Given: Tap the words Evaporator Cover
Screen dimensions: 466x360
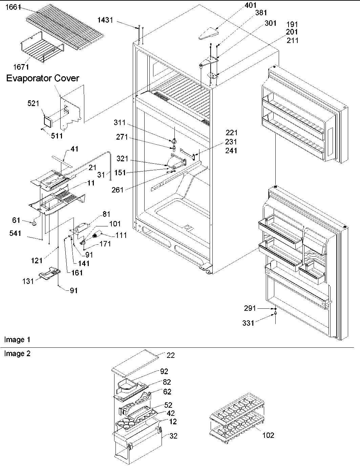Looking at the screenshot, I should click(43, 78).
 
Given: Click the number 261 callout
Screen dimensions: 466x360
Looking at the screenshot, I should click(118, 189).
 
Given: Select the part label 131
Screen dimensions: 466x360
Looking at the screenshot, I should click(28, 281).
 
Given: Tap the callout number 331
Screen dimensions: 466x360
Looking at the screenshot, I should click(248, 323).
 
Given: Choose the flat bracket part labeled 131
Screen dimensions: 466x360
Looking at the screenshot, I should click(49, 273).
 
